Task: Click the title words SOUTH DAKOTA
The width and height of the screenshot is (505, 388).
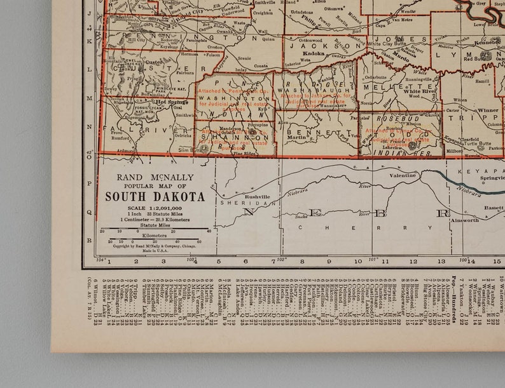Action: (155, 197)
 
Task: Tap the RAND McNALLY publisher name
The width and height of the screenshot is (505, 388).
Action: (155, 177)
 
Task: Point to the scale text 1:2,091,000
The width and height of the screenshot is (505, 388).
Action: (162, 207)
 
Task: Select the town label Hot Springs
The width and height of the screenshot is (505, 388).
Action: (169, 102)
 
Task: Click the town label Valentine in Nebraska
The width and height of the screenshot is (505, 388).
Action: (403, 175)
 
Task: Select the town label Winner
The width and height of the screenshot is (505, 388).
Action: (488, 110)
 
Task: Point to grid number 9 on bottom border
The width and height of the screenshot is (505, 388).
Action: (329, 261)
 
